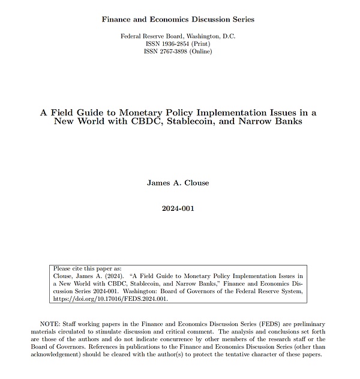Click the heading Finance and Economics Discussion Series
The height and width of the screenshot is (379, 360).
(178, 19)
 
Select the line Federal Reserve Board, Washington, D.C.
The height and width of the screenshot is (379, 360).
(178, 36)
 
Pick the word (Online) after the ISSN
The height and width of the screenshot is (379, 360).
(202, 52)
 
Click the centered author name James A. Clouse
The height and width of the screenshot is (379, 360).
(178, 183)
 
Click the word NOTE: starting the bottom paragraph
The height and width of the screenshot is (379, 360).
(50, 324)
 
